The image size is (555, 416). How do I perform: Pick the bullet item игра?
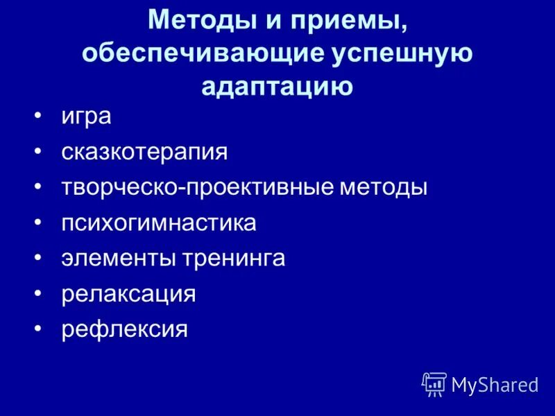coord(86,116)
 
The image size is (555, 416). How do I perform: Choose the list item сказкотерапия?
coord(144,152)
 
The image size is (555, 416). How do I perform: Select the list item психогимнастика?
coord(159,223)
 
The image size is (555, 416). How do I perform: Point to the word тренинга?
coord(234,259)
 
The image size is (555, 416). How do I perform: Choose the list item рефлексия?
coord(125,329)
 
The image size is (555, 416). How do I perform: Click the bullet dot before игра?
coord(37,115)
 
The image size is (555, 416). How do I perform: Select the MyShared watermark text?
coord(495,385)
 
